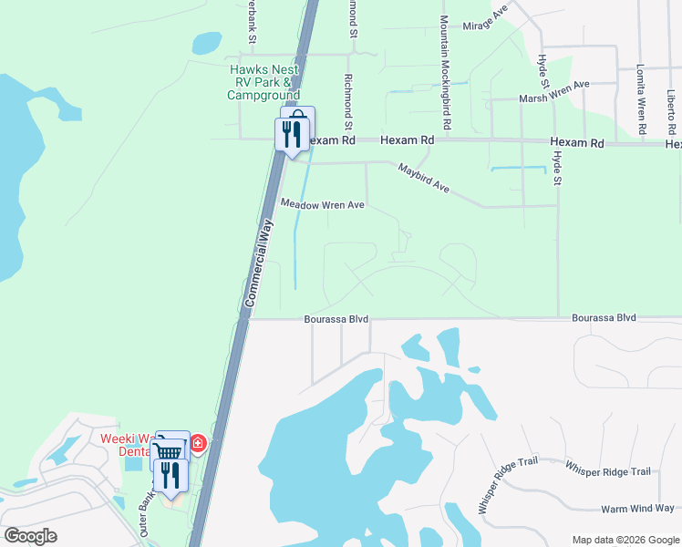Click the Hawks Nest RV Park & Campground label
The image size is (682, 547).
click(x=264, y=81)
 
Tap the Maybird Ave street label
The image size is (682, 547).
click(x=424, y=177)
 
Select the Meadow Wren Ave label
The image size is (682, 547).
click(x=323, y=205)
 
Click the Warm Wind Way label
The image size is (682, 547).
click(x=637, y=508)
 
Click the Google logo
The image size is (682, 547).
click(x=30, y=536)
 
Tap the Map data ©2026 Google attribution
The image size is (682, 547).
click(x=625, y=540)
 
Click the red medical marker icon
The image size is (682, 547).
click(x=198, y=445)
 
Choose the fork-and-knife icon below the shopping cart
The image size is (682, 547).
click(x=170, y=474)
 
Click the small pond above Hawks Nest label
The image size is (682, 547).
click(x=206, y=42)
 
